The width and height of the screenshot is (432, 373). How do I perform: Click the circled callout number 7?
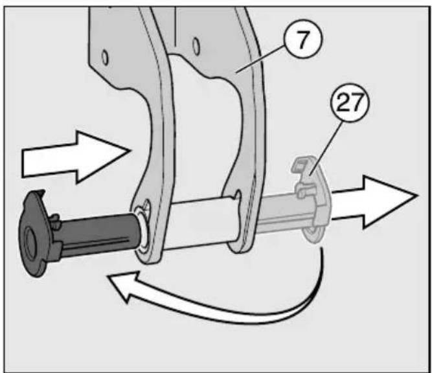(x=302, y=38)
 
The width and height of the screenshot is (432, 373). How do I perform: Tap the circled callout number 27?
(x=350, y=102)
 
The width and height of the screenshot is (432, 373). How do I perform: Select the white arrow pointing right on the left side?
(x=76, y=157)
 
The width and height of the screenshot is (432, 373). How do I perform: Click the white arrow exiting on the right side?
(x=375, y=202)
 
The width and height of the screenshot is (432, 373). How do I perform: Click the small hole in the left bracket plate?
(x=105, y=58)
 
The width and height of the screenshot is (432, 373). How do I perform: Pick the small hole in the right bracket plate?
(x=196, y=46)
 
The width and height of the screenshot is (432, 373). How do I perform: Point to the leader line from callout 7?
(x=261, y=60)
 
